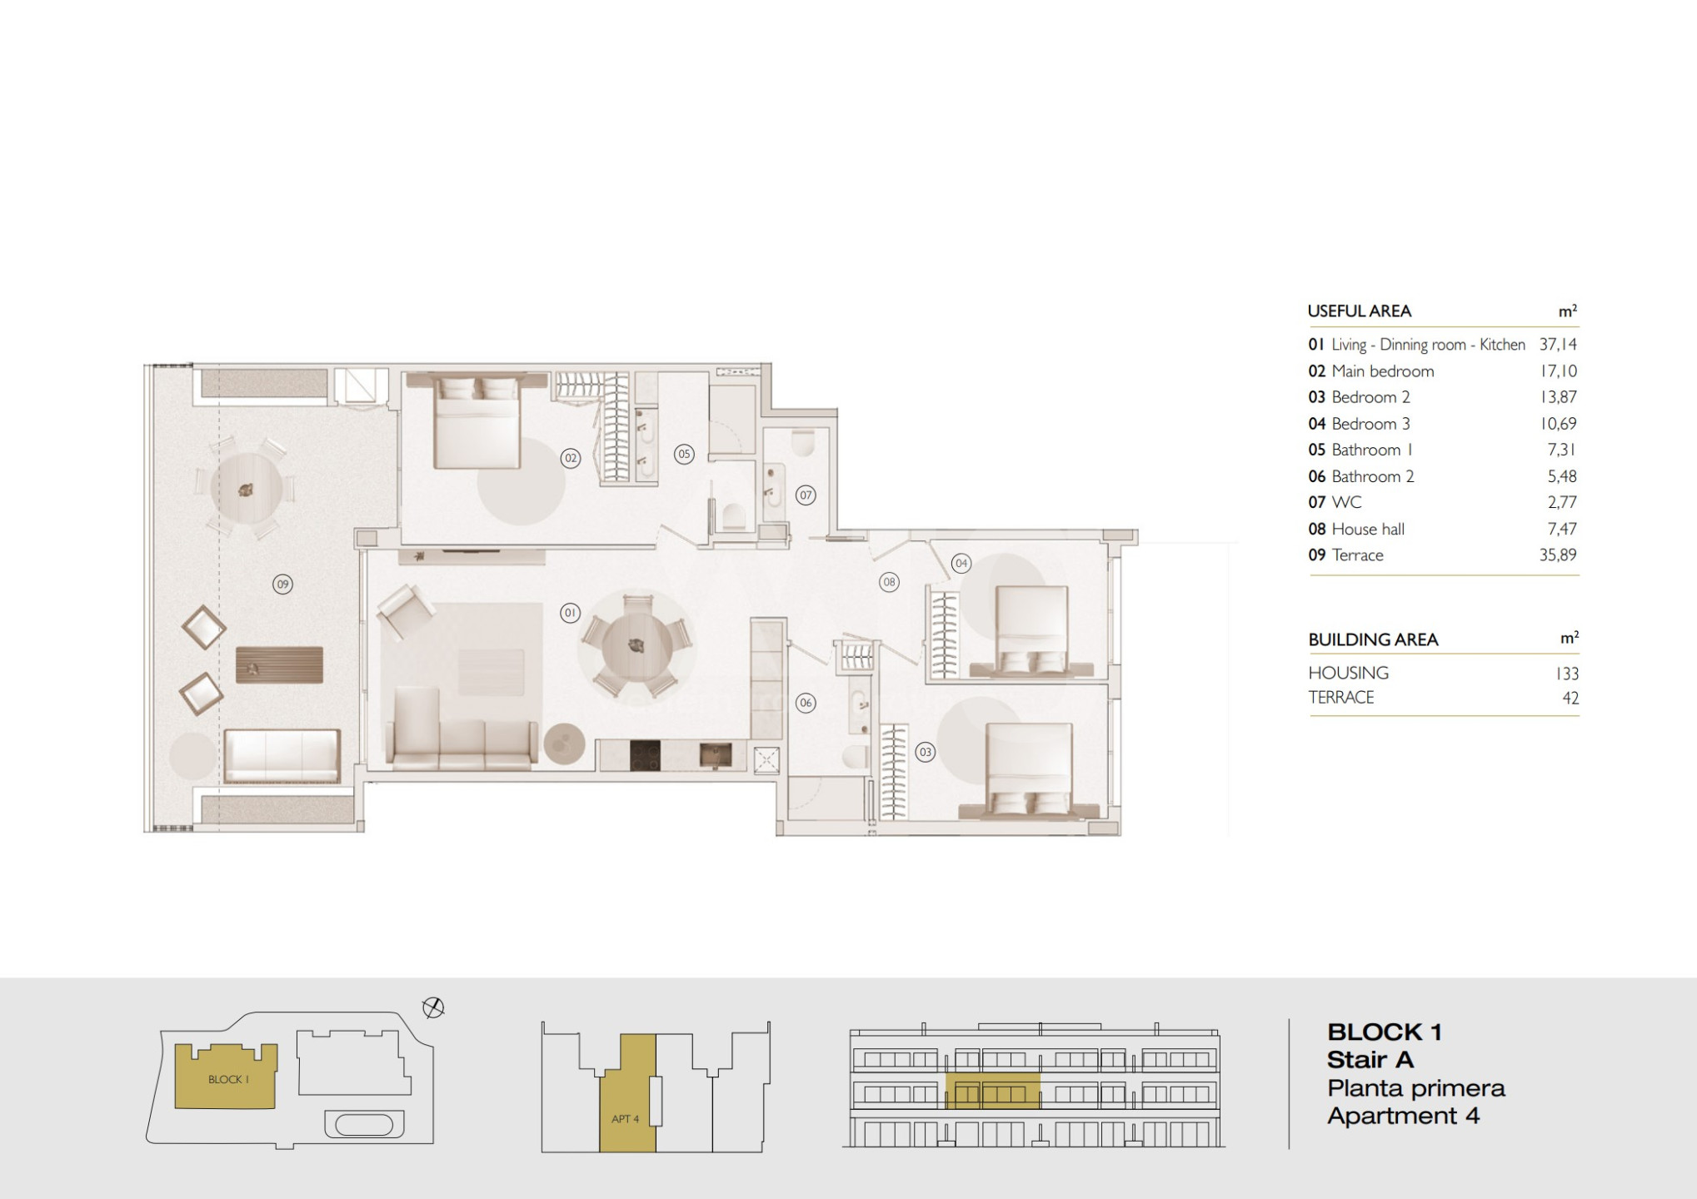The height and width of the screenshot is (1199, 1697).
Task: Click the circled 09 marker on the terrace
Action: pos(282,585)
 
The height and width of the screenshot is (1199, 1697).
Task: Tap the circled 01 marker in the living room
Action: pos(570,614)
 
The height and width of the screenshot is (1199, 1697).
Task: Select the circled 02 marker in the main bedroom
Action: pos(570,458)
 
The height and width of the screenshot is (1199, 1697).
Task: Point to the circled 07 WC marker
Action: pos(805,495)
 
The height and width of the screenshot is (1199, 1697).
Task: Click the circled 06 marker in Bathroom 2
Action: pos(805,703)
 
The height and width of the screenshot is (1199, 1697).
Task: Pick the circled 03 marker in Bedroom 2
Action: pos(925,753)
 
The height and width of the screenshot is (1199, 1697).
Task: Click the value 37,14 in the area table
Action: pos(1558,345)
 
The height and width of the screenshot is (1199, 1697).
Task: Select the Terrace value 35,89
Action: pos(1558,555)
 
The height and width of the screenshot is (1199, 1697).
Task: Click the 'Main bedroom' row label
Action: pos(1382,371)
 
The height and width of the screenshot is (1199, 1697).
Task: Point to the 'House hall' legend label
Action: pos(1368,529)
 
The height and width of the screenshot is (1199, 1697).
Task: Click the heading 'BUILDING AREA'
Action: pos(1373,639)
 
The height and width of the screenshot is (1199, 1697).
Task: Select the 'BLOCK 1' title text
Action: pos(1384,1032)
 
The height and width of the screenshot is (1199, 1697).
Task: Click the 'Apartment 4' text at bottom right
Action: pos(1403,1116)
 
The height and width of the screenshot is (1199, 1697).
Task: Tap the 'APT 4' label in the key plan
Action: pos(625,1119)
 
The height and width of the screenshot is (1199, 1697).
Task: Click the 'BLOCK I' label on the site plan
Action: pos(228,1080)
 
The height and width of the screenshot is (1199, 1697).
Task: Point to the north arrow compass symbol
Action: pos(433,1008)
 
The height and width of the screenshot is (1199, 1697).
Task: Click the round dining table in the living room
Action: pos(637,644)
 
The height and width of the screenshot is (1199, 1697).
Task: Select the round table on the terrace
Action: pos(246,489)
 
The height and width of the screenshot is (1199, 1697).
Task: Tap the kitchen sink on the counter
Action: pos(716,755)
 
